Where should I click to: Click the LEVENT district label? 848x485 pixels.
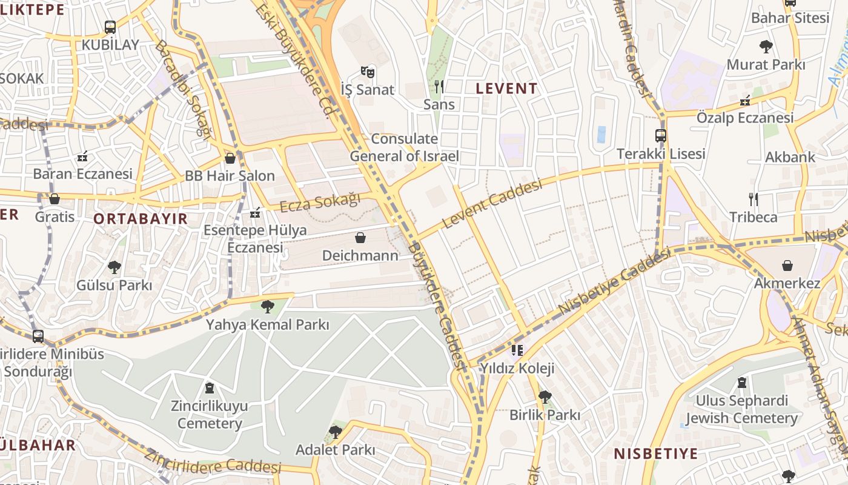point(506,89)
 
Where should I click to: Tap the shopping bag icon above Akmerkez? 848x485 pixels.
point(787,266)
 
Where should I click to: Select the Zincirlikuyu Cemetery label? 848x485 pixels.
point(210,415)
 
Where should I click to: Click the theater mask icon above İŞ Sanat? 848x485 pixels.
point(367,72)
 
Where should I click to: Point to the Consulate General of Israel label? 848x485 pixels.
point(404,147)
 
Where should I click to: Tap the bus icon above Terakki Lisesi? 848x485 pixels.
point(660,136)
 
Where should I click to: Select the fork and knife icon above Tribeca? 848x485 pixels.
point(753,199)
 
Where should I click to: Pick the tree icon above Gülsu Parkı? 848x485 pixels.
point(114,267)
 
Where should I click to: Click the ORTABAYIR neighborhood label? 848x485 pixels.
point(141,219)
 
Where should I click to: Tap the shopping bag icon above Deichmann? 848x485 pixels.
point(360,237)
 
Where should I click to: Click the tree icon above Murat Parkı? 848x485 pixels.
point(766,46)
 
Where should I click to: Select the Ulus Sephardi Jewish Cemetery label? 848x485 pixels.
point(741,409)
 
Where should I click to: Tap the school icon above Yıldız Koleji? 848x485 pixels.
point(517,350)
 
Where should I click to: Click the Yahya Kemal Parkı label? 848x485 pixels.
point(267,324)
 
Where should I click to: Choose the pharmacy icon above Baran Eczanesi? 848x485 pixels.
point(82,156)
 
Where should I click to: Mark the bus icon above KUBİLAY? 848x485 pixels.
point(110,27)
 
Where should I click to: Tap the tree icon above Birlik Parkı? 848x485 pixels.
point(545,397)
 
